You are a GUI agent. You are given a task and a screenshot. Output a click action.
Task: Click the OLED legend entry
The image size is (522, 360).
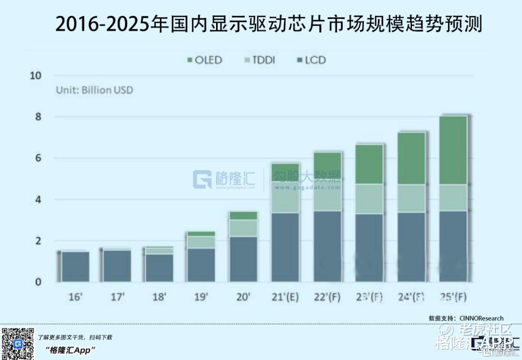(203, 60)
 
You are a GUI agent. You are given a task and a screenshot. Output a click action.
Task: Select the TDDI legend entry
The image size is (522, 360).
(260, 60)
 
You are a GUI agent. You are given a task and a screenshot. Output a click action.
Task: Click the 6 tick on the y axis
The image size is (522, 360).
(39, 158)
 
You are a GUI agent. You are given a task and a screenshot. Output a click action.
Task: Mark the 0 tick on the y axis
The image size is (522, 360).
(39, 282)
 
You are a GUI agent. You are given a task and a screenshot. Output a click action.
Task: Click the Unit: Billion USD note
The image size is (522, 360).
(94, 90)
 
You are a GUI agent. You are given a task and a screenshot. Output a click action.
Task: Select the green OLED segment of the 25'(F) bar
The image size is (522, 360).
(453, 150)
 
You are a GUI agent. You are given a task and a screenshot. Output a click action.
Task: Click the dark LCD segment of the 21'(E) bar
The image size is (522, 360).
(286, 246)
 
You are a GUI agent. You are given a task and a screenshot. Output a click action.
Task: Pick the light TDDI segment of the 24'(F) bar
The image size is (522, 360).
(411, 198)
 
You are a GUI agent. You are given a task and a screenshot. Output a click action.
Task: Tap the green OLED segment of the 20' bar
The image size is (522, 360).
(243, 216)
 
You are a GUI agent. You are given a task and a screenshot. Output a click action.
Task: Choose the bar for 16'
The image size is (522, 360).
(75, 266)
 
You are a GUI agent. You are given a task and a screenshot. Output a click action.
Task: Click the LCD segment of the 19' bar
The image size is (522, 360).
(201, 265)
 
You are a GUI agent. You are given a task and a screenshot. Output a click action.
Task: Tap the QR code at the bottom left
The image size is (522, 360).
(17, 343)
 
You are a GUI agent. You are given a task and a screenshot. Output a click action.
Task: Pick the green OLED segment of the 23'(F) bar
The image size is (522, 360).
(369, 164)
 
